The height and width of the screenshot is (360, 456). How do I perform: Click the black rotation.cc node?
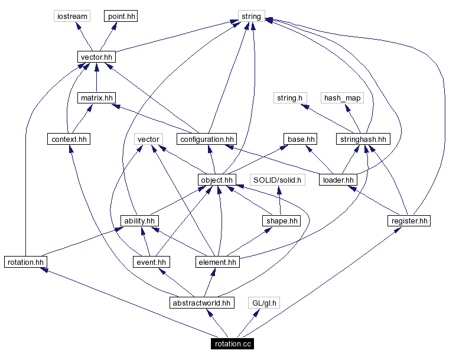(x=233, y=344)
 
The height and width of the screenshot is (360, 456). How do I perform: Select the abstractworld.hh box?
(x=201, y=303)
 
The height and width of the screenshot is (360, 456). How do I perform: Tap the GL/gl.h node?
(x=263, y=303)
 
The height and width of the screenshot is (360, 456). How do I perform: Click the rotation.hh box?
(x=25, y=261)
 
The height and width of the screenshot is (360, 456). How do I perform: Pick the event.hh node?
(x=150, y=261)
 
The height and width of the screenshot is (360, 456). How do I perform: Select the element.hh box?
(x=217, y=261)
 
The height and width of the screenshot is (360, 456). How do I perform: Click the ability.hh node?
(x=139, y=220)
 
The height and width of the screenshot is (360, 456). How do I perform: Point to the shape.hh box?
(x=281, y=220)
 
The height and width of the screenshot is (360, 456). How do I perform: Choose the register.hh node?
(x=409, y=220)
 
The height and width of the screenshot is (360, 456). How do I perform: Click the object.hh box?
(x=217, y=180)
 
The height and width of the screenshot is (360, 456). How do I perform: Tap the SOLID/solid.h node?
(x=277, y=180)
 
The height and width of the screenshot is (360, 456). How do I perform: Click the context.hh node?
(x=69, y=139)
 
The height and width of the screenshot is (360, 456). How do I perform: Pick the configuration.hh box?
(x=207, y=139)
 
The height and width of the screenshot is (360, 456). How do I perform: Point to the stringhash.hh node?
(x=363, y=139)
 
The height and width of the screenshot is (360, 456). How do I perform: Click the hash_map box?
(x=342, y=98)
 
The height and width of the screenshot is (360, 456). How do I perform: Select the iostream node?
(x=71, y=16)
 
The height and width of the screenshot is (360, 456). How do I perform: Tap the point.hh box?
(x=121, y=16)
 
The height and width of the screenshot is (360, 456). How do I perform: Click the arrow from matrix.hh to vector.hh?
(x=96, y=77)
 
